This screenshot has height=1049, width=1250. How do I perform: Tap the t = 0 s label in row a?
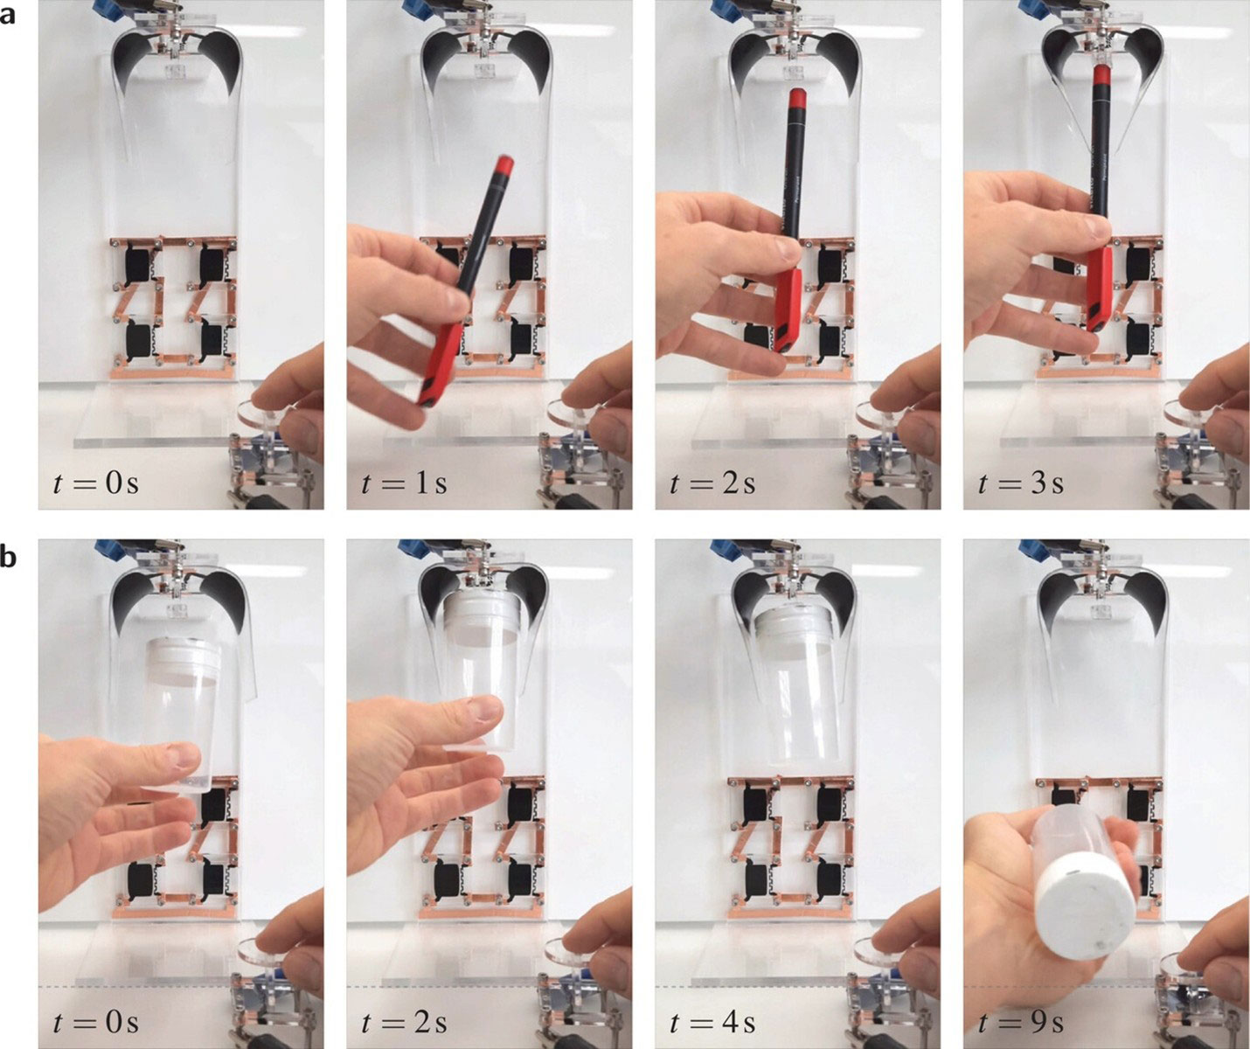95,483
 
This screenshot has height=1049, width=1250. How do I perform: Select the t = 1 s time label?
403,483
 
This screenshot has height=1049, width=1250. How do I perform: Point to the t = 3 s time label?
1020,483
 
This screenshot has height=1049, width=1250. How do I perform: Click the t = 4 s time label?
712,1021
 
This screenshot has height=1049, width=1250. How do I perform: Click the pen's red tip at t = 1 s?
503,164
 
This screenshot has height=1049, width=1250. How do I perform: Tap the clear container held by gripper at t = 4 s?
797,691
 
